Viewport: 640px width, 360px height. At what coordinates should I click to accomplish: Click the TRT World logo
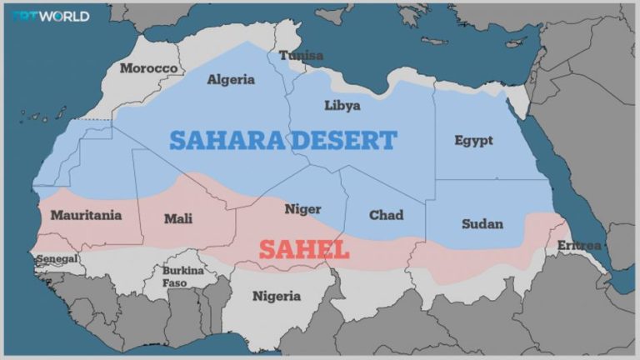click(50, 16)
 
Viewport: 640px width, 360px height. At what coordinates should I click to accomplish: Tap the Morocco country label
click(148, 68)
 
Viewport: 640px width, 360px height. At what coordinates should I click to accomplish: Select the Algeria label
click(231, 80)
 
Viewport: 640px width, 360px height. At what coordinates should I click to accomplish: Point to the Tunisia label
click(301, 56)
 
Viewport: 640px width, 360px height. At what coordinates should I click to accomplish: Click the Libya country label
click(342, 106)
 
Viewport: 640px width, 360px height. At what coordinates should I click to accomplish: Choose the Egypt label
click(473, 140)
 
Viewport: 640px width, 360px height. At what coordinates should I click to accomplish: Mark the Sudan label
click(482, 223)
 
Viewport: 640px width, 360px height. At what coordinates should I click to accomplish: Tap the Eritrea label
click(579, 245)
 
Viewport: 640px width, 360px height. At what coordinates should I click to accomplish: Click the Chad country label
click(386, 215)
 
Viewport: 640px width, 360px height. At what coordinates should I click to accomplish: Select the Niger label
click(302, 209)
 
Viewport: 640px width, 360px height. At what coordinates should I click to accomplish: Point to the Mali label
click(177, 218)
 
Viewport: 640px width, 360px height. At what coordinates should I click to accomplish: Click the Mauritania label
click(86, 215)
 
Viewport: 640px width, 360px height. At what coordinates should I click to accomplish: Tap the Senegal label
click(57, 259)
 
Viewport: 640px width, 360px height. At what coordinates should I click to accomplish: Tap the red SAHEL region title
click(303, 249)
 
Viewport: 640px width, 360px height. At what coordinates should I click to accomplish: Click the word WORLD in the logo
click(64, 16)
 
